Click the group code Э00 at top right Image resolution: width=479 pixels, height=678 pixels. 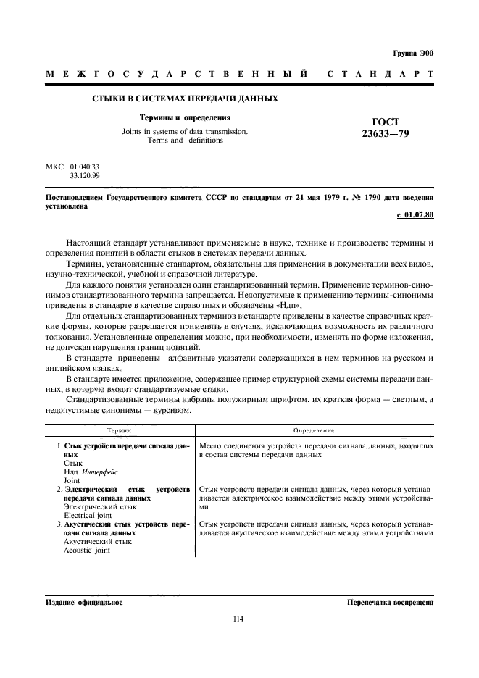click(424, 53)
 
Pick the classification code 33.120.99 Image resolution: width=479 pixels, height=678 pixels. click(85, 175)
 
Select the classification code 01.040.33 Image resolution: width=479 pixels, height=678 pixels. click(85, 167)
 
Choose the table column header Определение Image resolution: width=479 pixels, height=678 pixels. click(313, 430)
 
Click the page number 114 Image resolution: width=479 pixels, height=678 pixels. click(239, 619)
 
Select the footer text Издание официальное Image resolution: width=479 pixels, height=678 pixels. click(84, 602)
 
